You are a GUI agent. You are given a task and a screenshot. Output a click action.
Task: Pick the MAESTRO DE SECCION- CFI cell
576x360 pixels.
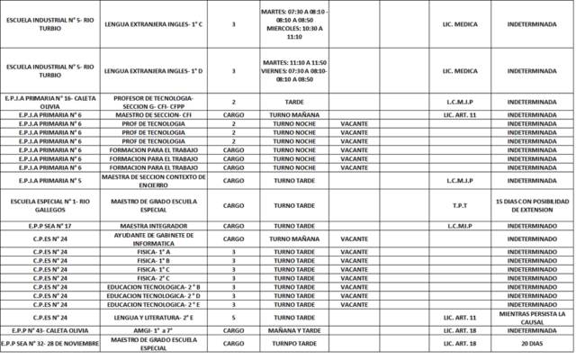coord(154,115)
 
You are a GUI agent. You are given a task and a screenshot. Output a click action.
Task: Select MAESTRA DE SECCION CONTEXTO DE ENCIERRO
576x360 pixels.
coord(154,180)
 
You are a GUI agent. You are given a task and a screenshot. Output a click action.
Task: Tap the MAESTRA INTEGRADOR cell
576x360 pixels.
coord(154,225)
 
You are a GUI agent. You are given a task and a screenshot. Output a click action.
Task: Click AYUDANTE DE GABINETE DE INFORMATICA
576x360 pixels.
coord(154,238)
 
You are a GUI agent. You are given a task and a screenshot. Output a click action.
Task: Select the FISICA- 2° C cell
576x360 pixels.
coord(154,278)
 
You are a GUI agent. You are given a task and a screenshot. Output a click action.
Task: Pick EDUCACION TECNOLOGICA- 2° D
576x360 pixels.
coord(154,295)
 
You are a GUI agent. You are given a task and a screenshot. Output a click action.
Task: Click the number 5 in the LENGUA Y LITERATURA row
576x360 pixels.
coord(233,317)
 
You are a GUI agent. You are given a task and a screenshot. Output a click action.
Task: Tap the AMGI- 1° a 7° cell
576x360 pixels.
coord(154,330)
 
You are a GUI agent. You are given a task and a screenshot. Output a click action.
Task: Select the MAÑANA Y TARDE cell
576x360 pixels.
coord(293,330)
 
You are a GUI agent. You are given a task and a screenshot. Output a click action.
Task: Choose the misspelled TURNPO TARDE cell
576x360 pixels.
coord(293,343)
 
